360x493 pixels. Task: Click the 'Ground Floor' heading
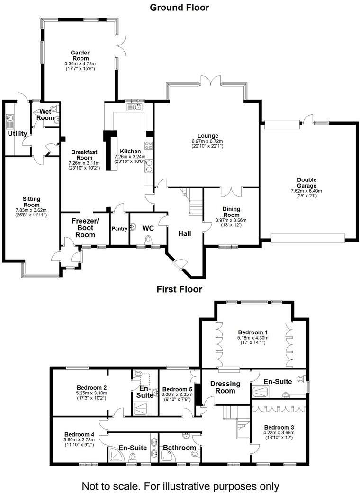pos(179,7)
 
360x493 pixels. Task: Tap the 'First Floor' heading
pos(179,289)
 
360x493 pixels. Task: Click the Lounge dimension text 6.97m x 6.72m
pos(207,141)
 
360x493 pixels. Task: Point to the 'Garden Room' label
pos(81,55)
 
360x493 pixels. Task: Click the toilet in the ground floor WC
pos(148,240)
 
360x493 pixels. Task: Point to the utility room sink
pos(10,118)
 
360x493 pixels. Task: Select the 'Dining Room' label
pos(232,212)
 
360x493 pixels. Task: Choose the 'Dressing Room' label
pos(225,387)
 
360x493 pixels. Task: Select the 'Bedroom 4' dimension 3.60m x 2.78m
pos(79,440)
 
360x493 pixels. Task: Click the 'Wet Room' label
pos(45,114)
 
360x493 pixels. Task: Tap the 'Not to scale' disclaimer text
pos(180,485)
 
